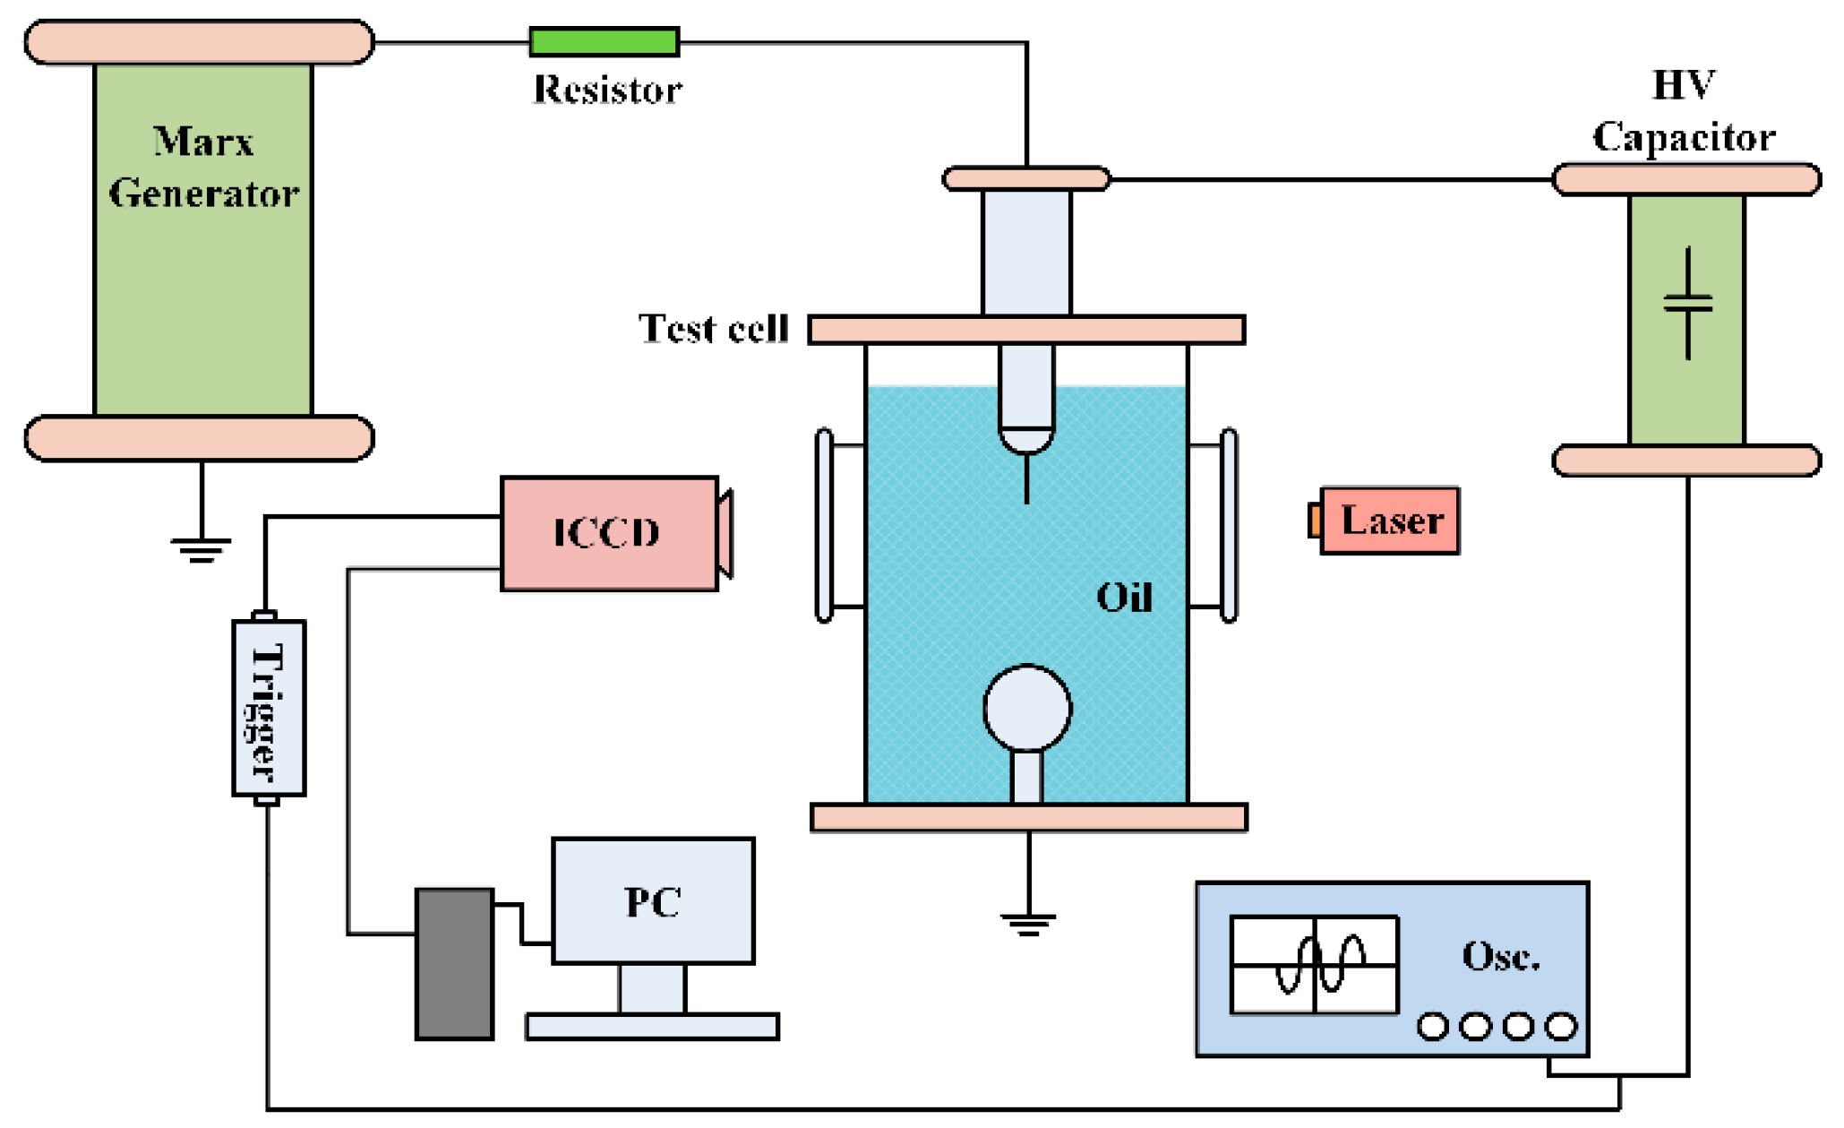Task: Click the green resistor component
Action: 605,41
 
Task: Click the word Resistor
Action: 607,90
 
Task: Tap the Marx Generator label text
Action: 203,168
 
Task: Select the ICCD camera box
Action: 608,533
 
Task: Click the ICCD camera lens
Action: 725,533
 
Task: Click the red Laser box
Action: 1390,521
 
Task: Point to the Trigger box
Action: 269,708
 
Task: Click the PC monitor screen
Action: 653,900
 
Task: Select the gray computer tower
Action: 454,964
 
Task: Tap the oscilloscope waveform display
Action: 1314,965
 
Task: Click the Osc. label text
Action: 1501,957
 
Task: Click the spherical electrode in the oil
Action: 1027,708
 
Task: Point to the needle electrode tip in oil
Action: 1026,497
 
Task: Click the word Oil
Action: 1124,597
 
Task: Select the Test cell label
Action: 713,329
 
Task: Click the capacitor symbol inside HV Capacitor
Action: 1688,304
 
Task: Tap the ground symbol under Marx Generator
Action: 201,549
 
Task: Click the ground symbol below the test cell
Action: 1028,924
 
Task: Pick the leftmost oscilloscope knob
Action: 1433,1026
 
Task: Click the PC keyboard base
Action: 652,1027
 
